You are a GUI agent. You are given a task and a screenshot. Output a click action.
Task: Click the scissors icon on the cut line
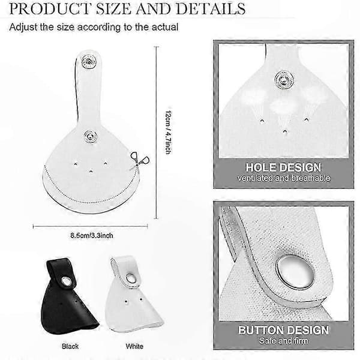point(139,159)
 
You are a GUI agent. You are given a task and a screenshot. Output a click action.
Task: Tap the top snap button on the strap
point(89,62)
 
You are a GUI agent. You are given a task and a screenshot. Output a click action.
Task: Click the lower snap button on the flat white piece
point(90,136)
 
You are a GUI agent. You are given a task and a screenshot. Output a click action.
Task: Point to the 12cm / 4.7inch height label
point(169,132)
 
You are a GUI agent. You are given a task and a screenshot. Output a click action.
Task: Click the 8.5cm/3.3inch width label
point(92,236)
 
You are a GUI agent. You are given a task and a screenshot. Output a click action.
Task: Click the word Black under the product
point(70,346)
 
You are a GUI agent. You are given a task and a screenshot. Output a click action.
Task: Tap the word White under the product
point(134,346)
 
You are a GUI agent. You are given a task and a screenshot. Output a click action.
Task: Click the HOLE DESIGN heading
point(283,167)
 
